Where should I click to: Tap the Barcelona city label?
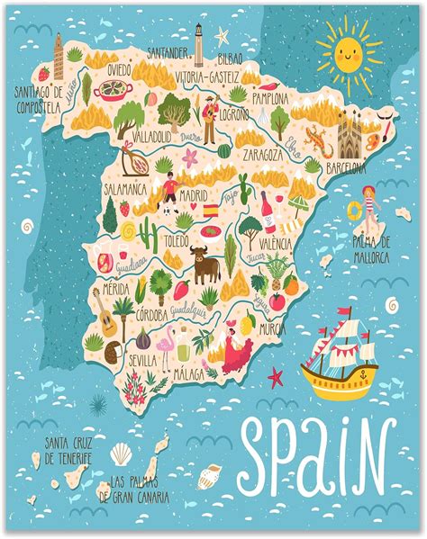tap(347, 167)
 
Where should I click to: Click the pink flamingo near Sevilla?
tap(168, 344)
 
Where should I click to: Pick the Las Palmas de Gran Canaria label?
tap(137, 490)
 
